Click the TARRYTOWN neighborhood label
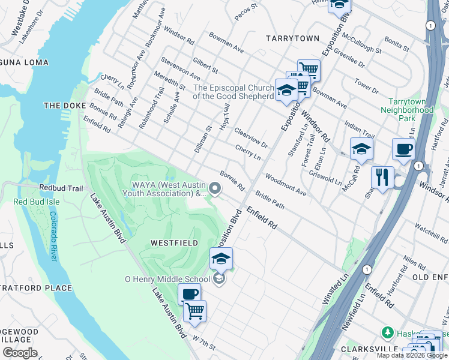coord(293,38)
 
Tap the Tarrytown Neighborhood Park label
coord(411,110)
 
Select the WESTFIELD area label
coord(174,243)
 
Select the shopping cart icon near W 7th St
coord(194,311)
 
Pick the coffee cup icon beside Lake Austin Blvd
coord(189,295)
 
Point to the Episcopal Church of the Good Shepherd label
coord(233,92)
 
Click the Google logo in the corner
coord(20,353)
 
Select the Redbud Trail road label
coord(61,188)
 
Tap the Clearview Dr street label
coord(251,137)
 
